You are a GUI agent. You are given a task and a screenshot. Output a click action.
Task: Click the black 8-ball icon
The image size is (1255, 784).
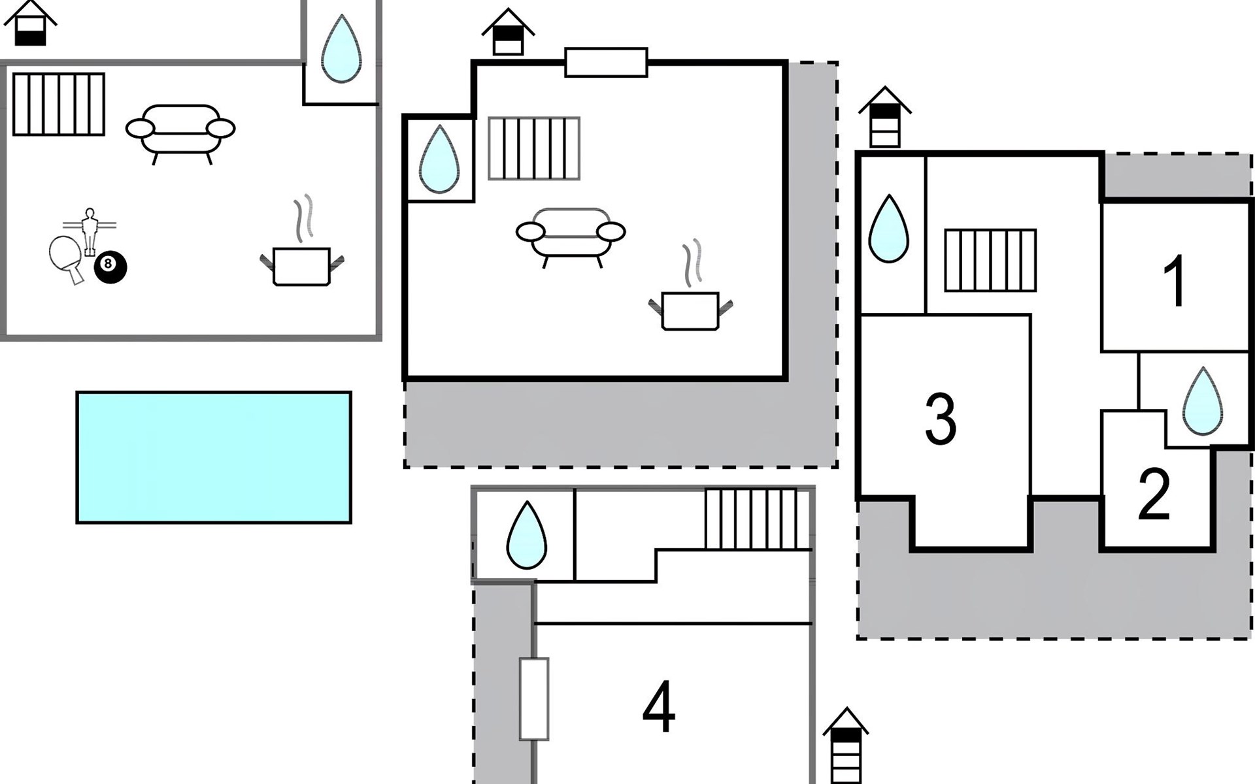pyautogui.click(x=110, y=267)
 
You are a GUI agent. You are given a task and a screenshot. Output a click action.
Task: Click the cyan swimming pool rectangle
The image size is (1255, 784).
pyautogui.click(x=214, y=457)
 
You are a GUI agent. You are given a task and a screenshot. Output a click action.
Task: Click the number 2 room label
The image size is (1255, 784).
pyautogui.click(x=1154, y=495)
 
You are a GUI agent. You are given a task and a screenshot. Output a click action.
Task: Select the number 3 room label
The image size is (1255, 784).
pyautogui.click(x=941, y=419)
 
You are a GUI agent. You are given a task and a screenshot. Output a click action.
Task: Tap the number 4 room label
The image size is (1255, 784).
pyautogui.click(x=658, y=708)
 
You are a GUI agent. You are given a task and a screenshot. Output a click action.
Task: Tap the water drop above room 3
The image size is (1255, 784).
pyautogui.click(x=888, y=229)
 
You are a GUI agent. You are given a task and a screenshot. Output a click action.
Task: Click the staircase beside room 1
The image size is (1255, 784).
pyautogui.click(x=990, y=260)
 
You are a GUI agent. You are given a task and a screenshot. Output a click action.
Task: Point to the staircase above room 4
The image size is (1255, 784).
pyautogui.click(x=752, y=519)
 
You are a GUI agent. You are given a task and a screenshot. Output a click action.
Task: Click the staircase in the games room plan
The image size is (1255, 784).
pyautogui.click(x=59, y=105)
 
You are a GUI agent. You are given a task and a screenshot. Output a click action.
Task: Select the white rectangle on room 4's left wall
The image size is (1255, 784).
pyautogui.click(x=534, y=698)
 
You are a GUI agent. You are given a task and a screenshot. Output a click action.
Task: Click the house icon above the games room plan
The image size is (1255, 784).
pyautogui.click(x=30, y=24)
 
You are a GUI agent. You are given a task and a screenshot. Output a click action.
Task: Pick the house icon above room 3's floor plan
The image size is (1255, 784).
pyautogui.click(x=884, y=118)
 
